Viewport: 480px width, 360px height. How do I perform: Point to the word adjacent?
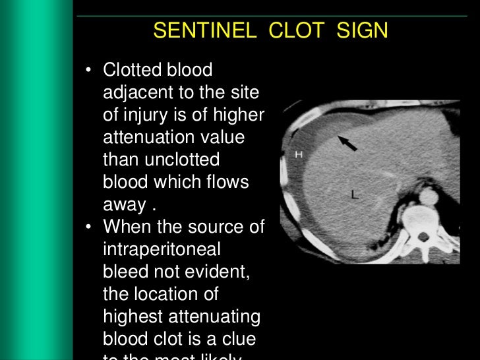136,92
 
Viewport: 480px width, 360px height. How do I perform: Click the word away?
123,205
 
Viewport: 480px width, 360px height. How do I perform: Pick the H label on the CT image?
298,154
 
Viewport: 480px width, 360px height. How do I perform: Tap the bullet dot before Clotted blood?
89,71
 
